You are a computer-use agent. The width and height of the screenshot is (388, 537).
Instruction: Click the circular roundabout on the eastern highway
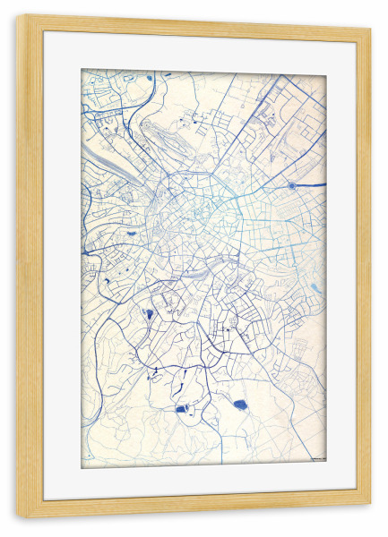(x=292, y=185)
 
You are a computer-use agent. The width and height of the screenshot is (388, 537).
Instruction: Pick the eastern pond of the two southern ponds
(x=239, y=405)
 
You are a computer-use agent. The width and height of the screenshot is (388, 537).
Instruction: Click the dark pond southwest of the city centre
(x=148, y=313)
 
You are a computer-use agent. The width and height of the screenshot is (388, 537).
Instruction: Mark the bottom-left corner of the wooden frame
(x=18, y=516)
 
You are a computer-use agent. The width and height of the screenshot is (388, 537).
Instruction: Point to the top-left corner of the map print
(x=81, y=69)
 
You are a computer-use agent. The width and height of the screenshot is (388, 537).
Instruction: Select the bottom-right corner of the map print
(x=326, y=466)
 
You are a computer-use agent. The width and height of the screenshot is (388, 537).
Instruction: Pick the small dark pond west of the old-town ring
(x=132, y=234)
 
